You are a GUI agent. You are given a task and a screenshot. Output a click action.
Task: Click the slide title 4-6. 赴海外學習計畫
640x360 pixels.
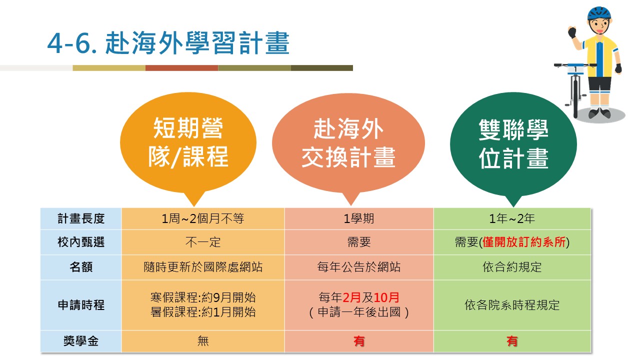pyautogui.click(x=168, y=43)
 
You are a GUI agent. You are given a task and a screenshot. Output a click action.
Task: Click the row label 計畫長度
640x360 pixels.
pyautogui.click(x=81, y=218)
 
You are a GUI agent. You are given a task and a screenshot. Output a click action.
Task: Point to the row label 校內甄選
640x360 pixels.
pyautogui.click(x=81, y=242)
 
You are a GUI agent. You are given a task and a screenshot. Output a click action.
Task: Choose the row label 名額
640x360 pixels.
pyautogui.click(x=81, y=267)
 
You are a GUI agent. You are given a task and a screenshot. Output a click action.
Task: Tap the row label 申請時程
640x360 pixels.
pyautogui.click(x=81, y=305)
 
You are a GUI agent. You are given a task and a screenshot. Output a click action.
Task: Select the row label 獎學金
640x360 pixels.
pyautogui.click(x=81, y=341)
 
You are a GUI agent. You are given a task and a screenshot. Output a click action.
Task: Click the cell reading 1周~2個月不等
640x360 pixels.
pyautogui.click(x=203, y=218)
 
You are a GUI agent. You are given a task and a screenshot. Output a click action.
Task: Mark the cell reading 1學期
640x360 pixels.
pyautogui.click(x=359, y=218)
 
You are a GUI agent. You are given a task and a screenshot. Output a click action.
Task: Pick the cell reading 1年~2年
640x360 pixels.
pyautogui.click(x=512, y=218)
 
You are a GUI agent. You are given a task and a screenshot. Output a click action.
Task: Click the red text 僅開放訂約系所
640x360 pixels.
pyautogui.click(x=524, y=242)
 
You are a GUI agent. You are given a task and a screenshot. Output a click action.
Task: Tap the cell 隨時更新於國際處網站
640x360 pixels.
pyautogui.click(x=203, y=267)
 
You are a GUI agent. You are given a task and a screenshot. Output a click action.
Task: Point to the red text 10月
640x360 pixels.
pyautogui.click(x=386, y=297)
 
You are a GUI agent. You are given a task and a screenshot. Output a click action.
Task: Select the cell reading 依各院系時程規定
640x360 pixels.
pyautogui.click(x=512, y=305)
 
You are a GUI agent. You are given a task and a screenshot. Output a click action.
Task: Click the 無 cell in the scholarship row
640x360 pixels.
pyautogui.click(x=203, y=341)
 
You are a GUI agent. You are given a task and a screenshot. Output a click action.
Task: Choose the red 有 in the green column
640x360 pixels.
pyautogui.click(x=512, y=341)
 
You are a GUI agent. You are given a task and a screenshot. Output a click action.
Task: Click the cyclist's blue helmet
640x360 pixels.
pyautogui.click(x=599, y=13)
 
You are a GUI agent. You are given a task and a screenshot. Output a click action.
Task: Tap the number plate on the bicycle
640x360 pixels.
pyautogui.click(x=575, y=69)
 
